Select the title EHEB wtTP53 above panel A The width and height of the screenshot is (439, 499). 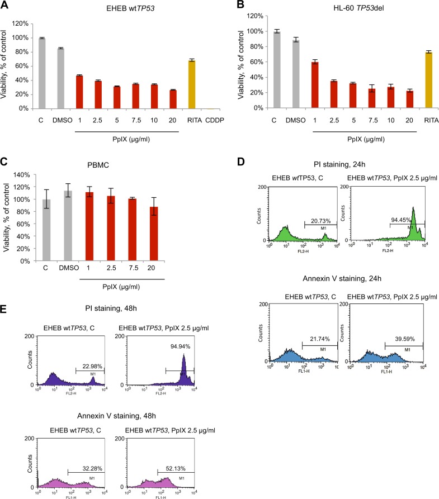(x=110, y=10)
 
